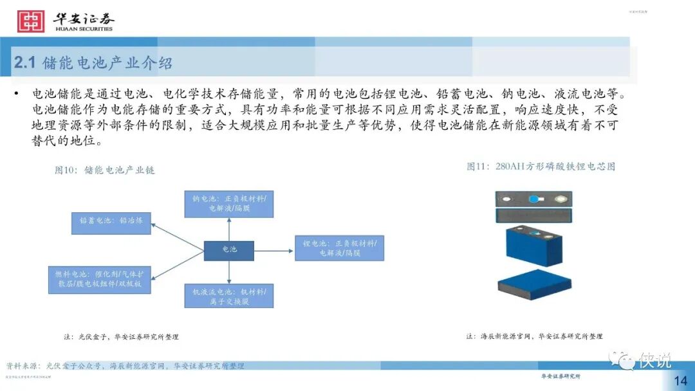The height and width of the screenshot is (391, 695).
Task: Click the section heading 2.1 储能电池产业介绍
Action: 93,63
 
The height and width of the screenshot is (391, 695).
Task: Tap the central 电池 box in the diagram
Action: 228,250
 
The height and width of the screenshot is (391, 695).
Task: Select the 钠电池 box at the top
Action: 228,203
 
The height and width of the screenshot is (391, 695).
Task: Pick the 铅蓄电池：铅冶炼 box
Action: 111,221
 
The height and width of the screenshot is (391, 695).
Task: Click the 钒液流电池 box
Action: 228,296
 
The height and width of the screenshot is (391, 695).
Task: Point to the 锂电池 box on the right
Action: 339,248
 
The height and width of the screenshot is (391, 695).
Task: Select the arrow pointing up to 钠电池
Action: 229,228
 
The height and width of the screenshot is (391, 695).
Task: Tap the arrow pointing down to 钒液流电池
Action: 229,272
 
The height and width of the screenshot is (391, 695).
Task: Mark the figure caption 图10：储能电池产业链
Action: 105,170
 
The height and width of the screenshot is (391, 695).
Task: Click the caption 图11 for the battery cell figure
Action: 541,167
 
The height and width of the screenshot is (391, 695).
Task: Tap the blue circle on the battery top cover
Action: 533,199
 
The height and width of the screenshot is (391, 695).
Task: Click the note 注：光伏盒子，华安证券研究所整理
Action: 121,336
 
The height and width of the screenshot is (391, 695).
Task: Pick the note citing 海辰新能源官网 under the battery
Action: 534,336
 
